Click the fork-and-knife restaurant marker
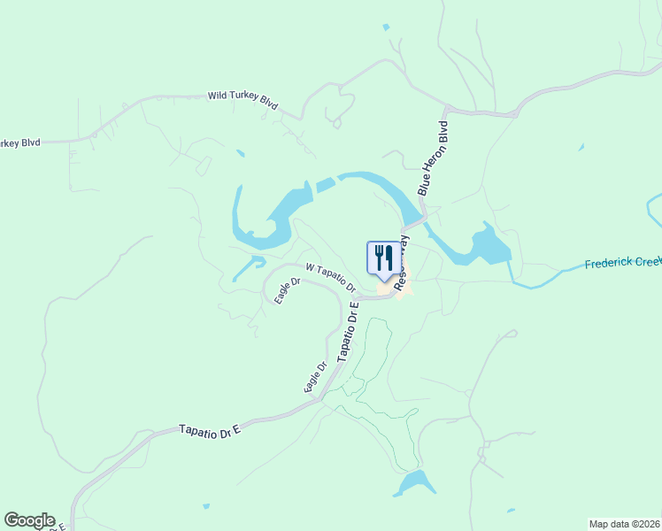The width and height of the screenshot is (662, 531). pyautogui.click(x=383, y=258)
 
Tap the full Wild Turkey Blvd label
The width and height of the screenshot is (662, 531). pyautogui.click(x=242, y=99)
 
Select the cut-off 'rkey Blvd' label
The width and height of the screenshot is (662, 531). pyautogui.click(x=20, y=142)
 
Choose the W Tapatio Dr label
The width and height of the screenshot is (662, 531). pyautogui.click(x=330, y=277)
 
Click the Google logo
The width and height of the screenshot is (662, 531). pyautogui.click(x=29, y=520)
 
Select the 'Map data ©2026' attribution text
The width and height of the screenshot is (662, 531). pyautogui.click(x=625, y=524)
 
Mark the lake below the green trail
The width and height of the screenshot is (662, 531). pyautogui.click(x=415, y=483)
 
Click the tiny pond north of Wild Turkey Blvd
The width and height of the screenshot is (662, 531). pyautogui.click(x=386, y=27)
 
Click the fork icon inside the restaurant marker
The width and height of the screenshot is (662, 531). pyautogui.click(x=379, y=257)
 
